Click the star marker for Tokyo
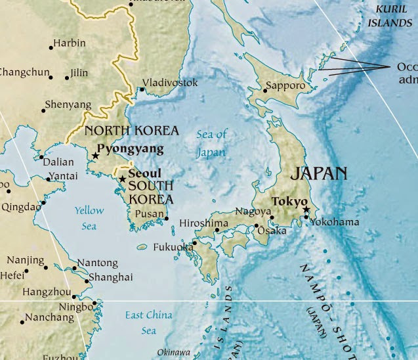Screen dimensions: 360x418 pyautogui.click(x=306, y=210)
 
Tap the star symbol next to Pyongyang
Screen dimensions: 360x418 pyautogui.click(x=96, y=156)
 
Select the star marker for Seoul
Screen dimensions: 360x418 pyautogui.click(x=122, y=179)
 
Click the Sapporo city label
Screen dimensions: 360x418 pyautogui.click(x=285, y=85)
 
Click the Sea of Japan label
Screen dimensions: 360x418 pyautogui.click(x=211, y=143)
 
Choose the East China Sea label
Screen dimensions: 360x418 pyautogui.click(x=149, y=323)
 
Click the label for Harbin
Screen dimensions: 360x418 pyautogui.click(x=70, y=43)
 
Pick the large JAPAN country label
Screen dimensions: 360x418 pyautogui.click(x=318, y=173)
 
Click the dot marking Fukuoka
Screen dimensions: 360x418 pyautogui.click(x=194, y=242)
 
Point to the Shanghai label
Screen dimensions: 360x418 pyautogui.click(x=110, y=277)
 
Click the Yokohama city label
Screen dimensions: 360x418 pyautogui.click(x=335, y=222)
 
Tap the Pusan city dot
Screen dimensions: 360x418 pyautogui.click(x=167, y=219)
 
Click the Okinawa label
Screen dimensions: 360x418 pyautogui.click(x=173, y=352)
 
